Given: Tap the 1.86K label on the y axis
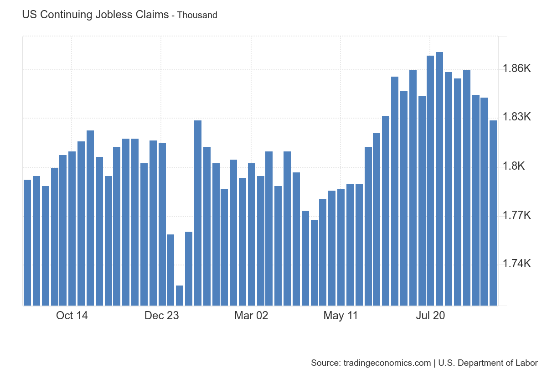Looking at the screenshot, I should (516, 69).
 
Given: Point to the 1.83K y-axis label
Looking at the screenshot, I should (516, 117).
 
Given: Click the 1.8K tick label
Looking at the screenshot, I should (515, 166).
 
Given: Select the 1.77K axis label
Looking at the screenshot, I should (516, 215).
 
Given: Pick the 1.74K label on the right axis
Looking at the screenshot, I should (516, 264).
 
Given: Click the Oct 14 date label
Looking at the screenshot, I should (72, 316).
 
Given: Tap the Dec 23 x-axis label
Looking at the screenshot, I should (161, 316).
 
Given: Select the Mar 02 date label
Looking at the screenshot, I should (251, 316).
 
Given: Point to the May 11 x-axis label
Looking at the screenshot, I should (341, 316).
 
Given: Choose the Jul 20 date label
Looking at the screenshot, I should (430, 316).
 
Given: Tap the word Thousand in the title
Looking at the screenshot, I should (197, 15).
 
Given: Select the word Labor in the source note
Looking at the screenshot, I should (528, 363).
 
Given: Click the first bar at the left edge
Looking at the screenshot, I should (27, 242).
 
